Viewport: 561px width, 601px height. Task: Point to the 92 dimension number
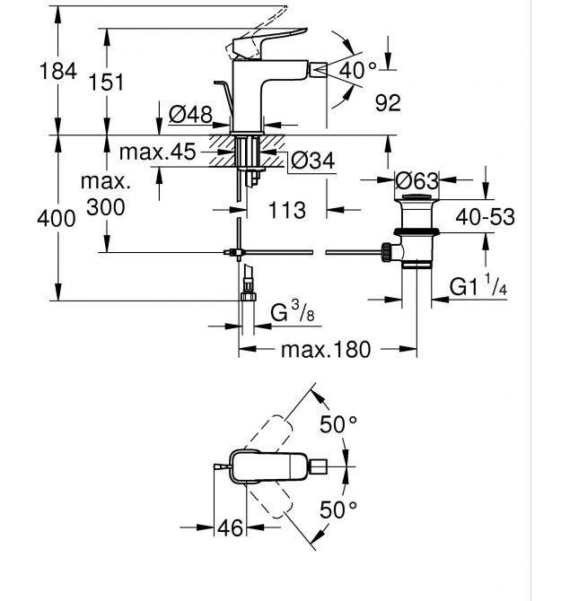pos(387,103)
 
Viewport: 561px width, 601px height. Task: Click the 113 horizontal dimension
pos(288,210)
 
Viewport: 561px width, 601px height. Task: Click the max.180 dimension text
pos(325,350)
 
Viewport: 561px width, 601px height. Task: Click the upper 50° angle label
pos(338,424)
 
